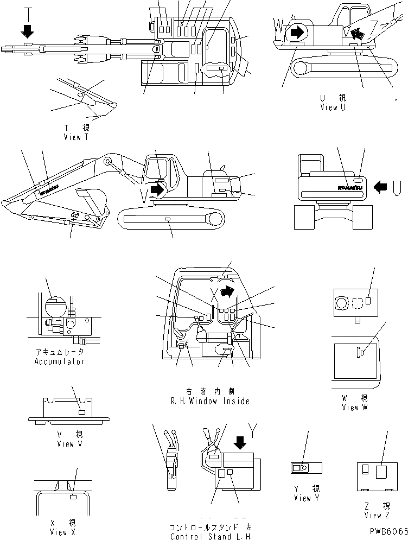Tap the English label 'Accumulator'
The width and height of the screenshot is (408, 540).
pyautogui.click(x=60, y=361)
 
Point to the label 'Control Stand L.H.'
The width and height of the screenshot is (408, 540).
pyautogui.click(x=210, y=537)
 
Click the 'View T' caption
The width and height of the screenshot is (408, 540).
pyautogui.click(x=80, y=137)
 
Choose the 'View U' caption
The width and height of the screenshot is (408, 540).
pyautogui.click(x=333, y=107)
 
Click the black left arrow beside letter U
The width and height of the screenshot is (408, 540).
pyautogui.click(x=381, y=188)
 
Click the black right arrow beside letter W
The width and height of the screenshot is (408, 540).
pyautogui.click(x=297, y=33)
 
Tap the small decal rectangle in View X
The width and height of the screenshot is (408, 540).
pyautogui.click(x=73, y=496)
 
